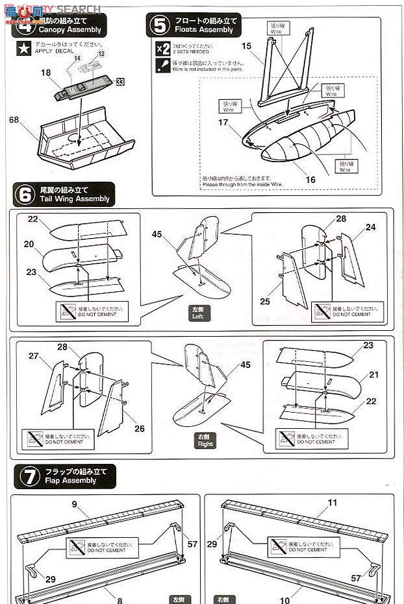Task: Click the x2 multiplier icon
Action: (163, 49)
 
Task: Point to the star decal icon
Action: (23, 47)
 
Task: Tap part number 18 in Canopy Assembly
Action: (45, 73)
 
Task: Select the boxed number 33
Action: (120, 82)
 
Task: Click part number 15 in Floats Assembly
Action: (246, 46)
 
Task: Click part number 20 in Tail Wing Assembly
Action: (29, 244)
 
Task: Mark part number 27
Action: (34, 356)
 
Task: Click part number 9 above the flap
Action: (75, 503)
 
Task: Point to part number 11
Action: (333, 503)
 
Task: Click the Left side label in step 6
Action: (197, 313)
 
